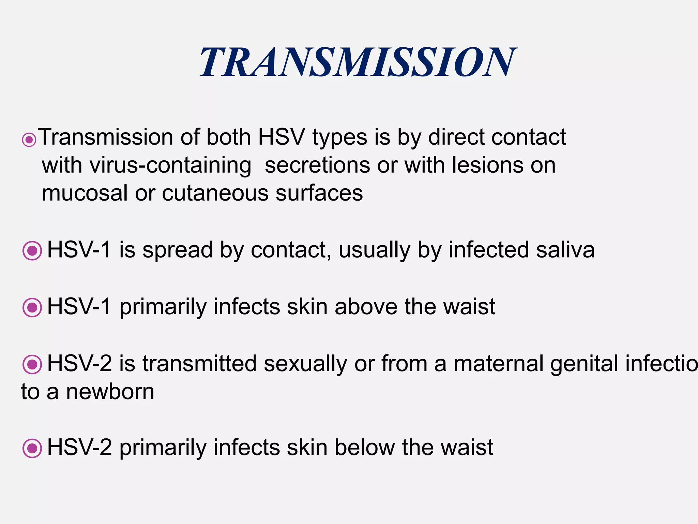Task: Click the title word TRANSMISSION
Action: (x=358, y=62)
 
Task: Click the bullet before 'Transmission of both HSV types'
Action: (x=29, y=140)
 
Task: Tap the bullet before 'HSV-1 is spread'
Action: (x=32, y=251)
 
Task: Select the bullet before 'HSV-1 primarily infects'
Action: (x=32, y=307)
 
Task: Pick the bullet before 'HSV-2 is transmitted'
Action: (x=32, y=364)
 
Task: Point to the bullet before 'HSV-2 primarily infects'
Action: (x=32, y=448)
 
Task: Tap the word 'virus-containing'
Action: (x=171, y=165)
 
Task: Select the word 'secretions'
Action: (x=317, y=165)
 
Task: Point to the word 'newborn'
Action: (x=110, y=392)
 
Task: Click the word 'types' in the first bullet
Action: (x=340, y=138)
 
